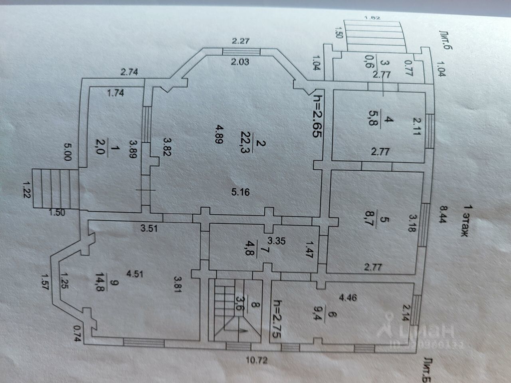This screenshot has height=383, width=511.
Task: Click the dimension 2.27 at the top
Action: point(241,40)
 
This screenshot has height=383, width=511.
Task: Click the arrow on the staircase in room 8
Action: point(241,330)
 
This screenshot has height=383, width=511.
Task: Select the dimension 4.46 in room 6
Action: point(348,297)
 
